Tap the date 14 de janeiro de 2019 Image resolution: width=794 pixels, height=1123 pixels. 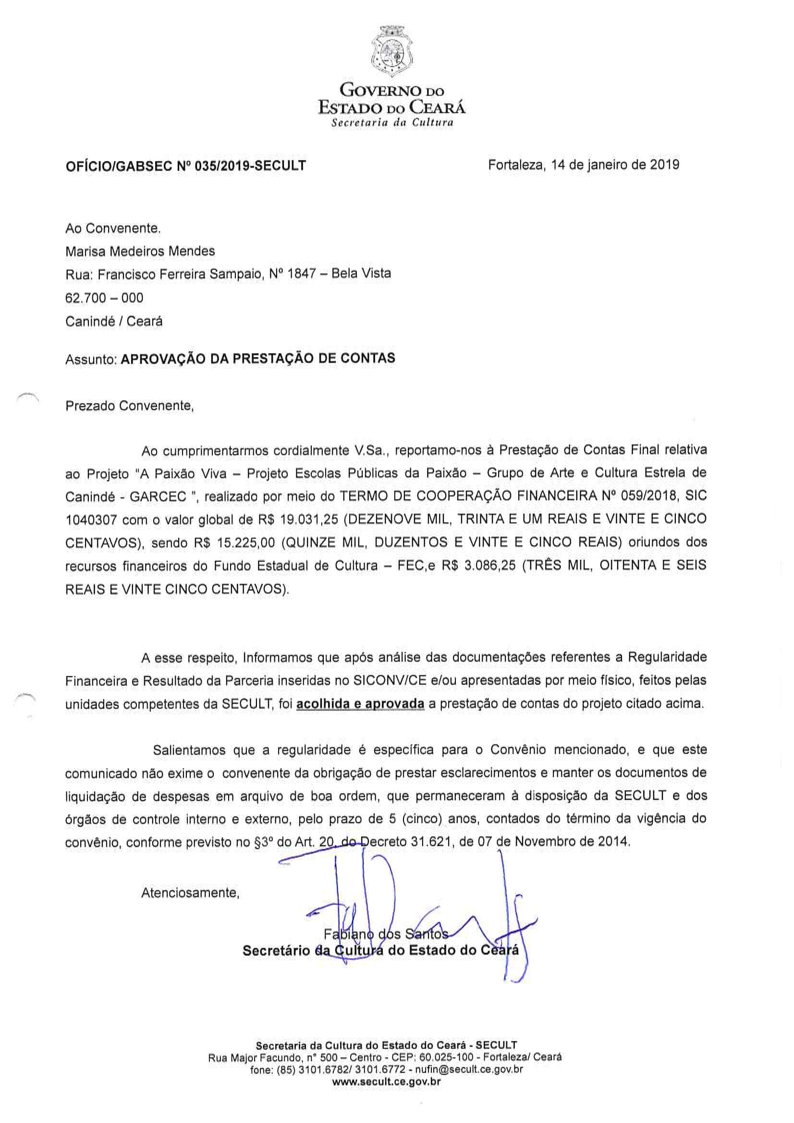pos(615,164)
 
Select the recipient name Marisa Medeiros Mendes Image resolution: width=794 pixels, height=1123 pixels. pos(140,251)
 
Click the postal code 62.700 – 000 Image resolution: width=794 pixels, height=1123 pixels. pos(104,298)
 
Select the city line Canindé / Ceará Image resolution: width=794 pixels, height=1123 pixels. pos(113,321)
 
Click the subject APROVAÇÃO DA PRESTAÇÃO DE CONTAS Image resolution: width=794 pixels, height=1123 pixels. pos(258,358)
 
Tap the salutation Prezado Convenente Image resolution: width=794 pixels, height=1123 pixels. pos(129,406)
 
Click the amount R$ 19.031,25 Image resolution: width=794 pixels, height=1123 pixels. pos(298,520)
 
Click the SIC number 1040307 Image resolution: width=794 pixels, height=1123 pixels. pos(91,520)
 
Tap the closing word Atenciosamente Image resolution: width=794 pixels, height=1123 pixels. pos(190,892)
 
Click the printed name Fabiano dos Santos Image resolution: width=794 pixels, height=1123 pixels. pos(386,934)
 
